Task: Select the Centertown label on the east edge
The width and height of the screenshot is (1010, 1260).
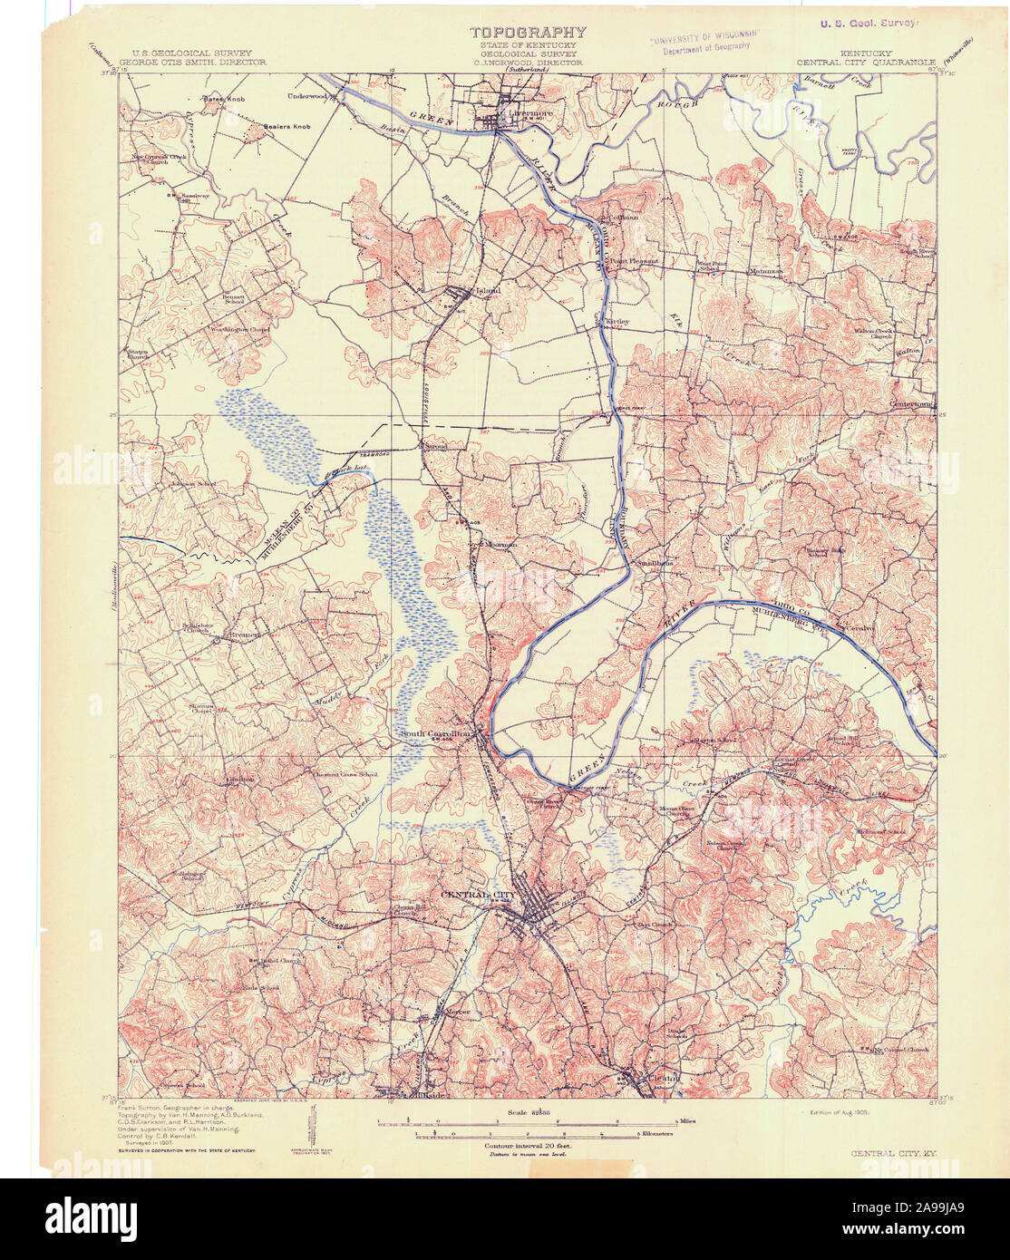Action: coord(910,404)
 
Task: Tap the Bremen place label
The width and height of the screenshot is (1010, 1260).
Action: coord(243,635)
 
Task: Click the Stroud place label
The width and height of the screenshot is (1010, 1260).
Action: coord(434,446)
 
